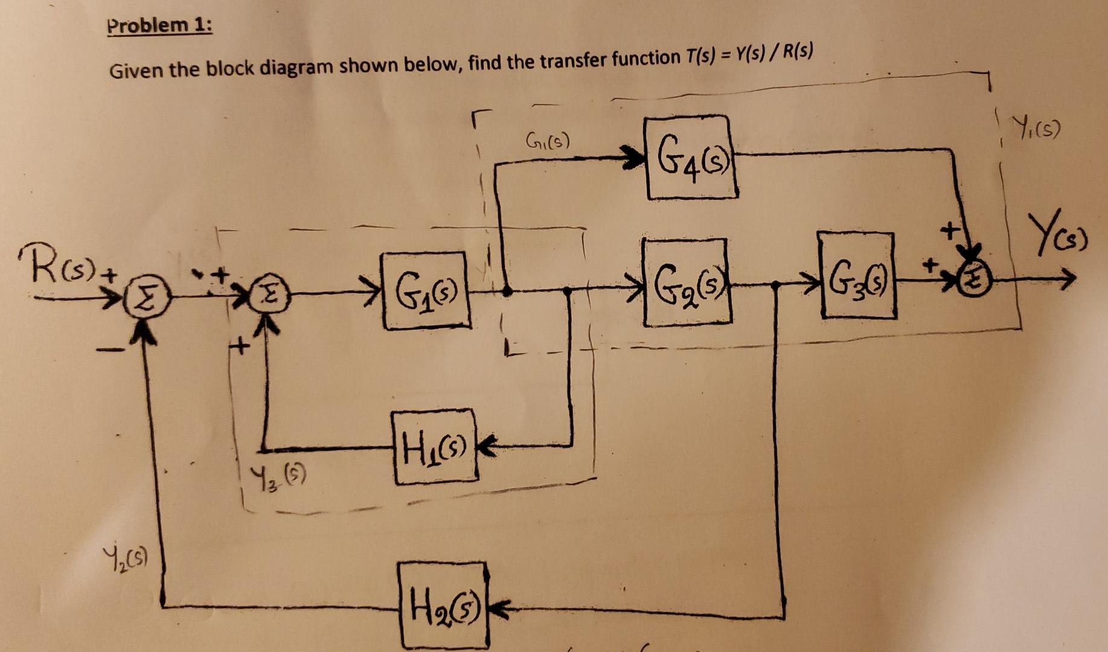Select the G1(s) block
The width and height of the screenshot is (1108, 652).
click(x=426, y=291)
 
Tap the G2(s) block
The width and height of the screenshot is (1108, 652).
click(x=687, y=282)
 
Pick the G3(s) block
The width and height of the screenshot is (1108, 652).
click(x=857, y=276)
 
